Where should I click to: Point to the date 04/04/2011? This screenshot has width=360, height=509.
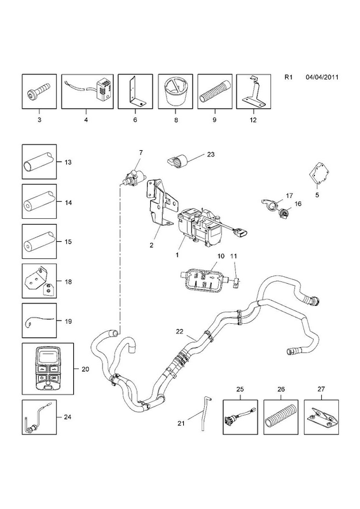pyautogui.click(x=322, y=77)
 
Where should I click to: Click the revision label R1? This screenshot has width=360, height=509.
pyautogui.click(x=289, y=77)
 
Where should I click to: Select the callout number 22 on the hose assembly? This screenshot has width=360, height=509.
pyautogui.click(x=179, y=331)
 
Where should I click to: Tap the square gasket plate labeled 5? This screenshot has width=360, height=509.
pyautogui.click(x=319, y=176)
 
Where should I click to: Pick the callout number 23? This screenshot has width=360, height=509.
pyautogui.click(x=211, y=154)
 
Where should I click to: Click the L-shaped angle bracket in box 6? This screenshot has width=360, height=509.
pyautogui.click(x=135, y=92)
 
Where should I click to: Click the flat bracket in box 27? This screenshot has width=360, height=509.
pyautogui.click(x=321, y=417)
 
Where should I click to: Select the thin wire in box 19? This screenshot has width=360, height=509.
pyautogui.click(x=38, y=321)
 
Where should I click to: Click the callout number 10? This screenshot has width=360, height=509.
pyautogui.click(x=221, y=256)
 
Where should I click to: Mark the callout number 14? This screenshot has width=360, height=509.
pyautogui.click(x=68, y=202)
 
